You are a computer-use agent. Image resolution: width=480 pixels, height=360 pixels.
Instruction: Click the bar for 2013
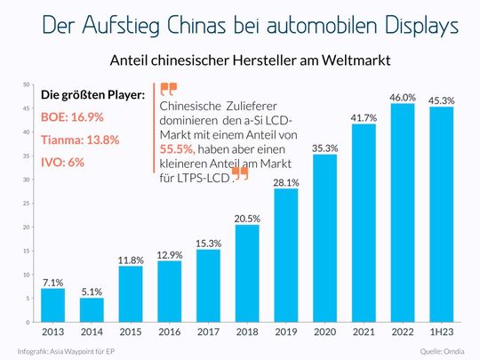pyautogui.click(x=52, y=305)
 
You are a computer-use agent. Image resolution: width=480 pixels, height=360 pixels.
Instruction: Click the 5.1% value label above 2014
pyautogui.click(x=92, y=289)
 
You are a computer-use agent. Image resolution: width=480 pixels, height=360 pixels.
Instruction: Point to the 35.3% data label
pyautogui.click(x=324, y=148)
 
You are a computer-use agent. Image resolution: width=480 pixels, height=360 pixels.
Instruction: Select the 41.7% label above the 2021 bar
pyautogui.click(x=364, y=117)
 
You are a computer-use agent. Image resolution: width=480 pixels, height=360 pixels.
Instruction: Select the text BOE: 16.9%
pyautogui.click(x=72, y=116)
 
